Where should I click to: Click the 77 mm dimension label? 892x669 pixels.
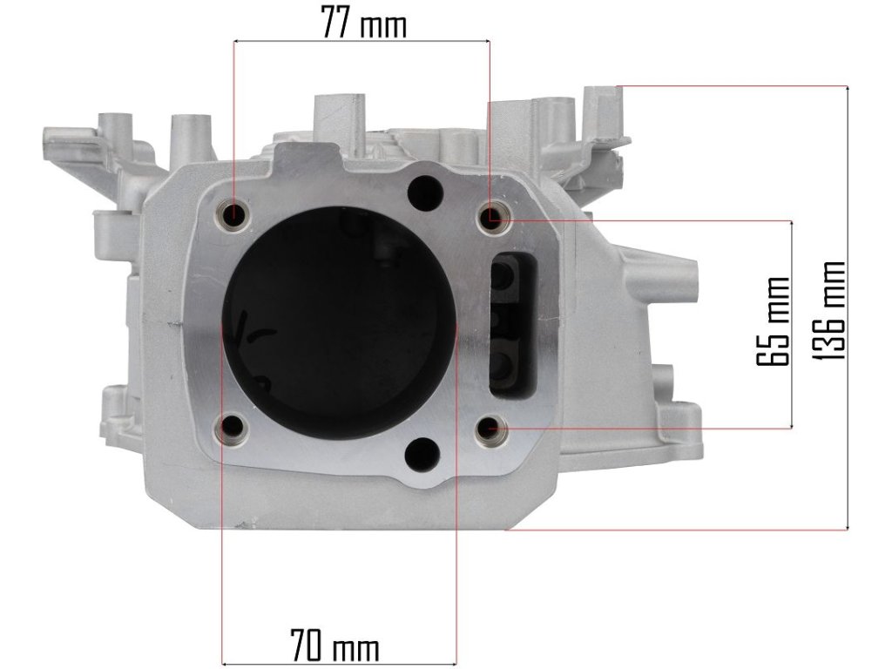tap(364, 22)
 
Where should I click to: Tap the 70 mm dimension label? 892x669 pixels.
tap(334, 645)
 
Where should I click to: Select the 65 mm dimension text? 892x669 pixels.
tap(774, 321)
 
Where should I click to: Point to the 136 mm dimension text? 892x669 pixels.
tap(828, 310)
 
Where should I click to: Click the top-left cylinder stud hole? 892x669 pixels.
tap(233, 215)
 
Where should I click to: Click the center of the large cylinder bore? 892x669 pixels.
tap(339, 323)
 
